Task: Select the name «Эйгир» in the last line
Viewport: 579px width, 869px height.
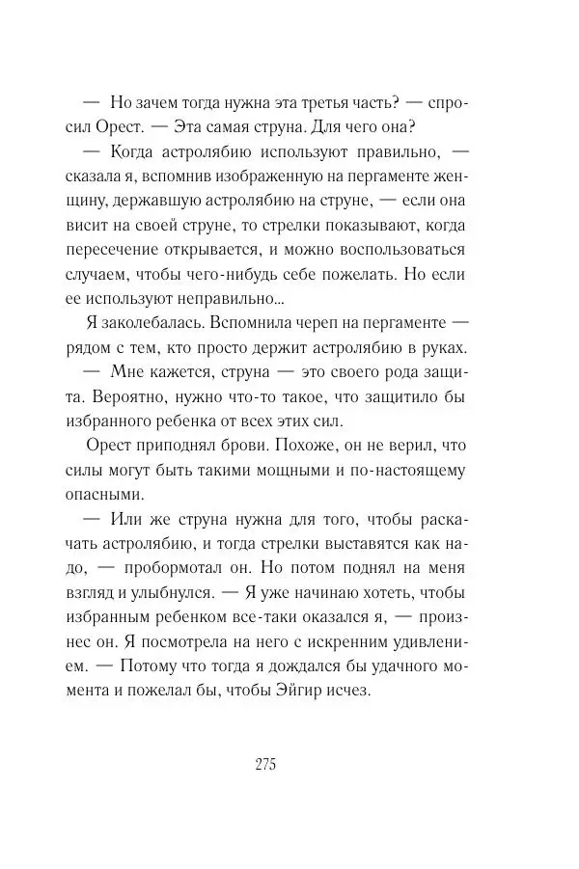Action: click(x=315, y=692)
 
